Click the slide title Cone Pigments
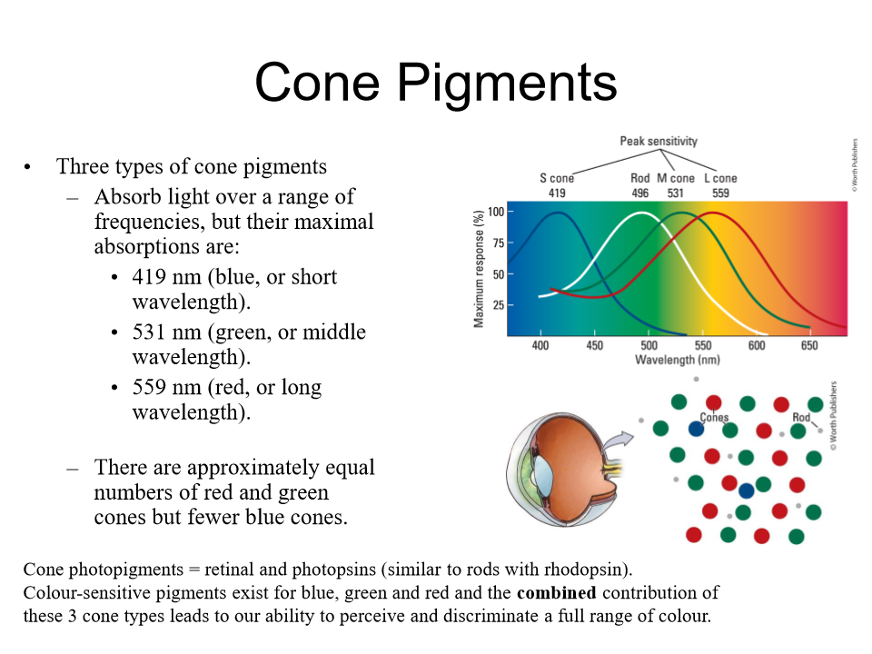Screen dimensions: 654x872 436,82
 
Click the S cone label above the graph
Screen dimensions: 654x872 557,179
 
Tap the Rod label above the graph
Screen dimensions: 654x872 640,179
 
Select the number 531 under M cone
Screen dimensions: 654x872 675,193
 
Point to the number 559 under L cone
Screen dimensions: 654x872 720,193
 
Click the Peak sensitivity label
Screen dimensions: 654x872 659,141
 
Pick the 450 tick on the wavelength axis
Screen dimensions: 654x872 594,346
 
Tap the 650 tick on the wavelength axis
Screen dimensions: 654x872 808,346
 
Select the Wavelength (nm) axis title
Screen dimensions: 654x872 677,361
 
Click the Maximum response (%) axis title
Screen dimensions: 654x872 479,268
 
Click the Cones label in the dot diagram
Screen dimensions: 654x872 714,418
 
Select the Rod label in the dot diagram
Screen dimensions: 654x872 801,418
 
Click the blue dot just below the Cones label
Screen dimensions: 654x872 696,429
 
